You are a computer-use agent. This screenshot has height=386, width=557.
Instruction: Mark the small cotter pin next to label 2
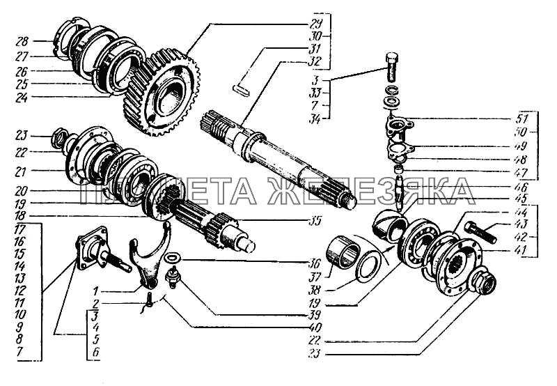[149, 301]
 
